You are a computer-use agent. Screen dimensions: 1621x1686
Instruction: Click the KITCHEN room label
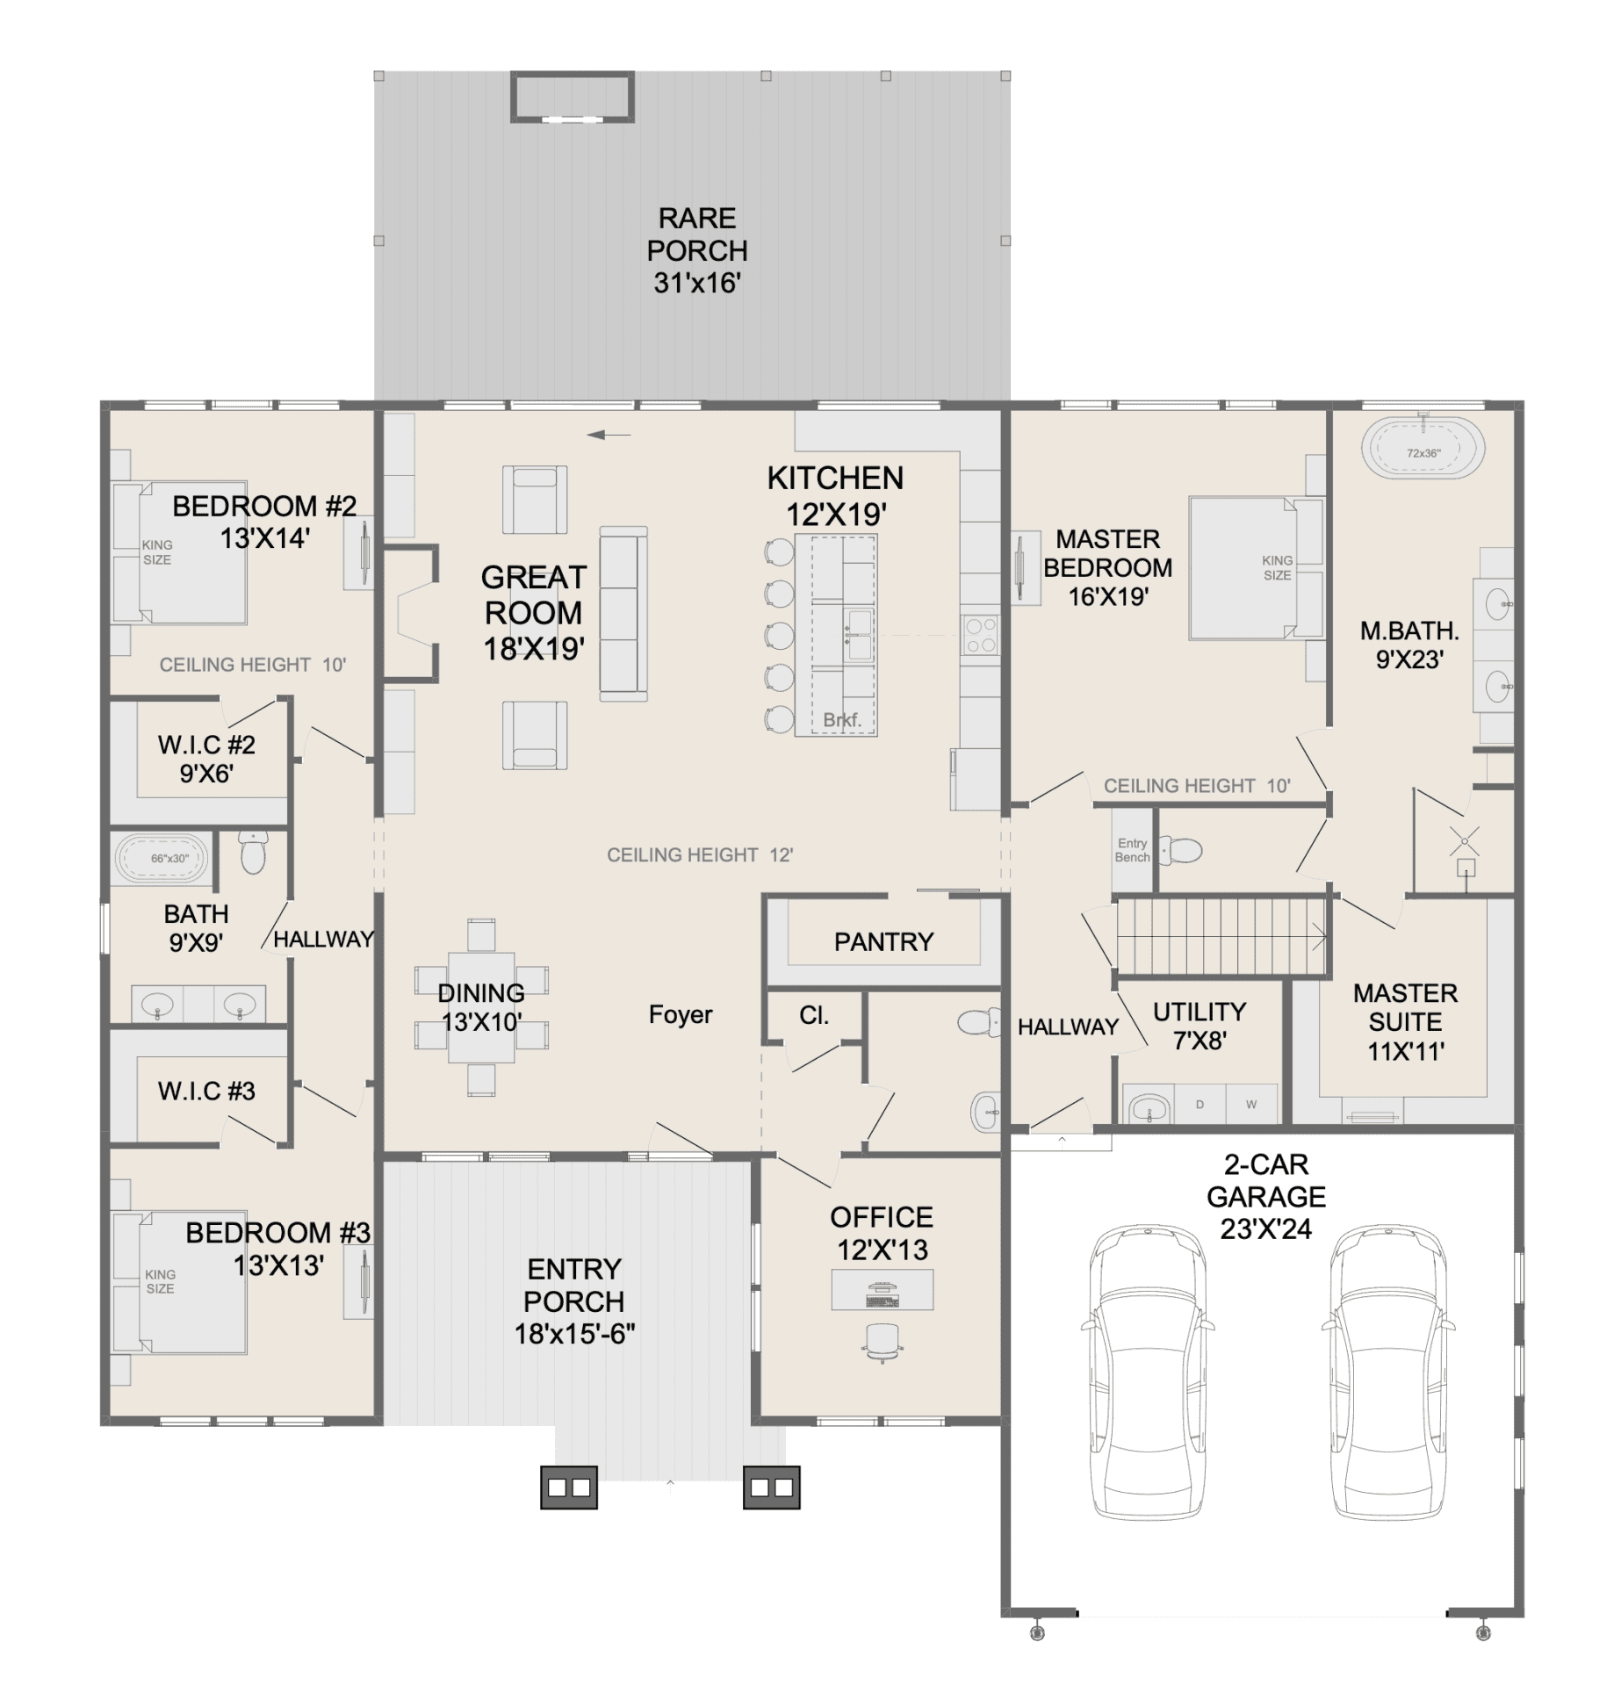pyautogui.click(x=835, y=478)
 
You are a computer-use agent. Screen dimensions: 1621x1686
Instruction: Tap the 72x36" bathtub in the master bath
pyautogui.click(x=1423, y=450)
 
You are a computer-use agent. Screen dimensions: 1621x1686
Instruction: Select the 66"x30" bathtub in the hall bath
pyautogui.click(x=162, y=857)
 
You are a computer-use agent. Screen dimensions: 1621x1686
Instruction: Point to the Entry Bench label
pyautogui.click(x=1132, y=850)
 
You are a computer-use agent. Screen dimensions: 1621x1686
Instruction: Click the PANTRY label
pyautogui.click(x=883, y=942)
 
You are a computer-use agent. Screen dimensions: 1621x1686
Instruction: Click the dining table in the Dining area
pyautogui.click(x=481, y=1008)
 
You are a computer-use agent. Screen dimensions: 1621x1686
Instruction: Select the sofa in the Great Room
pyautogui.click(x=623, y=614)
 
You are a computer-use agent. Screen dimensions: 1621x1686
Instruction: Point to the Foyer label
pyautogui.click(x=681, y=1014)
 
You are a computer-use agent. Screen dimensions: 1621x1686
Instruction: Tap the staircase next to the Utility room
pyautogui.click(x=1221, y=936)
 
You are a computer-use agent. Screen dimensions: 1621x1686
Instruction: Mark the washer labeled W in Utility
pyautogui.click(x=1251, y=1104)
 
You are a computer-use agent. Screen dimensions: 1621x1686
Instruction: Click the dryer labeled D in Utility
pyautogui.click(x=1200, y=1104)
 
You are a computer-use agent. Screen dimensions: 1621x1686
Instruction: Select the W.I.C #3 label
pyautogui.click(x=206, y=1091)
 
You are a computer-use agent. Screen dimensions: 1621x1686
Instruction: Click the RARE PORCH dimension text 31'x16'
pyautogui.click(x=697, y=283)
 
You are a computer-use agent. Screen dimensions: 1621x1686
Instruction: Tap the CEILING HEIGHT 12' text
pyautogui.click(x=700, y=854)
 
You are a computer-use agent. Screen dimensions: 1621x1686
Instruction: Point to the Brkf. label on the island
pyautogui.click(x=841, y=720)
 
